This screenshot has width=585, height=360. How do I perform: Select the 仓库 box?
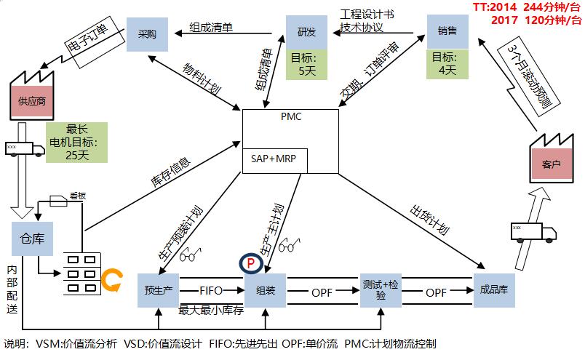31,239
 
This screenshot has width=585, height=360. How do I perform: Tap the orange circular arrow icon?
111,280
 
